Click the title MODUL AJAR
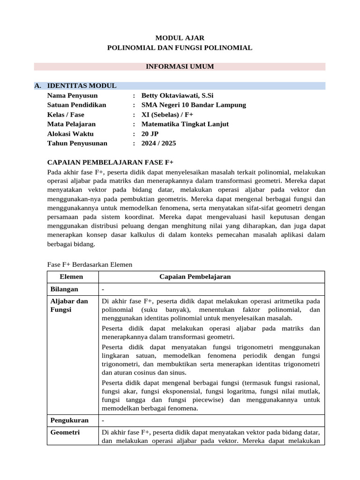[x=180, y=37]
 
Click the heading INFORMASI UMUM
[x=180, y=67]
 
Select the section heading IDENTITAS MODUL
[x=82, y=86]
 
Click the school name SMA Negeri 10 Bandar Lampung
[x=193, y=105]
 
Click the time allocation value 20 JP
[x=150, y=134]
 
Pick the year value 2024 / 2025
[x=158, y=143]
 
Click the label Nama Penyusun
[x=72, y=95]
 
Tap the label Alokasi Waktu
[x=70, y=134]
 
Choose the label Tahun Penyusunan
[x=77, y=143]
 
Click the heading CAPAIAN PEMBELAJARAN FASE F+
[x=111, y=163]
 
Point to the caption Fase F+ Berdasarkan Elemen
[x=90, y=264]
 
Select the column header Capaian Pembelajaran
[x=195, y=277]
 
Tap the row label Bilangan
[x=64, y=289]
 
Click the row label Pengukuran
[x=69, y=420]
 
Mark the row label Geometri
[x=65, y=433]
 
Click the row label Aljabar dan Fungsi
[x=69, y=305]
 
